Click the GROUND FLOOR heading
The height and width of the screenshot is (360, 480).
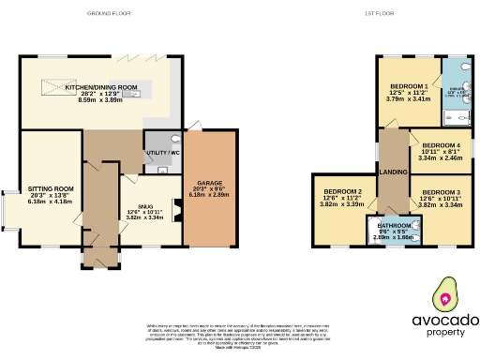(109, 14)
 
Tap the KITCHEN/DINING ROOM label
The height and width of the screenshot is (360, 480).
(100, 87)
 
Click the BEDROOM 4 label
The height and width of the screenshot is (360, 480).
(441, 146)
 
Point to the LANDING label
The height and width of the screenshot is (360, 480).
(392, 172)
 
